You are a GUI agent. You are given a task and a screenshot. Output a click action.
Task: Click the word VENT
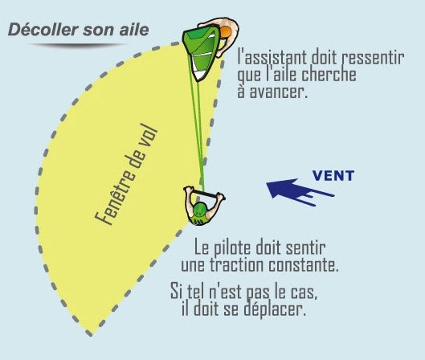333,176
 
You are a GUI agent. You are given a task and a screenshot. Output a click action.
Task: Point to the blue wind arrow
300,191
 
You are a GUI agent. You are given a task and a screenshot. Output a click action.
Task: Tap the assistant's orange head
225,32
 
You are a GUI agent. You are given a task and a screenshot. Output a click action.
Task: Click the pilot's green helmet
199,210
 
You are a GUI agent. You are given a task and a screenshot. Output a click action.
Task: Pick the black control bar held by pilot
205,193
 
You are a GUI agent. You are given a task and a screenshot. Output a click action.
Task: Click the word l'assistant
272,58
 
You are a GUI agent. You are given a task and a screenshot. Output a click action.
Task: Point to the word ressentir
373,58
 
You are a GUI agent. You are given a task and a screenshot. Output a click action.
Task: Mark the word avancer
279,92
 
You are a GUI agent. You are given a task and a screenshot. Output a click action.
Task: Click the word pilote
233,247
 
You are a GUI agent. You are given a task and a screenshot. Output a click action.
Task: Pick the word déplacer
275,309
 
